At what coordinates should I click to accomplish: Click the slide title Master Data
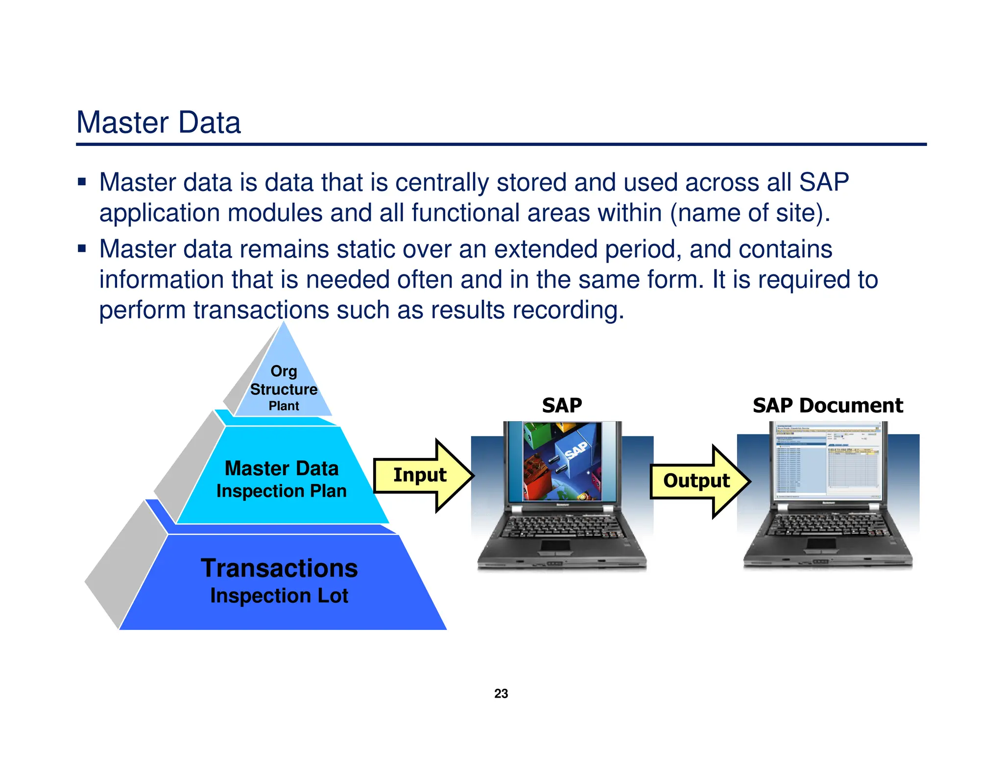pyautogui.click(x=159, y=122)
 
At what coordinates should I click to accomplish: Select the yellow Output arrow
pyautogui.click(x=697, y=481)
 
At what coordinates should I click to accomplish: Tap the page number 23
pyautogui.click(x=501, y=694)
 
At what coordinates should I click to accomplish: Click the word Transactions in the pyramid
pyautogui.click(x=279, y=568)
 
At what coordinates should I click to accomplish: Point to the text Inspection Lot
pyautogui.click(x=279, y=596)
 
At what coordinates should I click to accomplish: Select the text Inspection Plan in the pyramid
pyautogui.click(x=282, y=491)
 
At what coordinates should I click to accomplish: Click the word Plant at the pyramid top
pyautogui.click(x=284, y=406)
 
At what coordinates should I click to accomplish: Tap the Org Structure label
pyautogui.click(x=284, y=380)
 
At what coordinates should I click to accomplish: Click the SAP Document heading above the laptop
pyautogui.click(x=828, y=406)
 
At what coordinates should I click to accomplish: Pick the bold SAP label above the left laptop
pyautogui.click(x=562, y=406)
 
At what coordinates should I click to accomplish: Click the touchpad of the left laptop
pyautogui.click(x=555, y=545)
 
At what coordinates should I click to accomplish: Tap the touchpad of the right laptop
pyautogui.click(x=821, y=543)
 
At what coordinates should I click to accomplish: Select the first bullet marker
pyautogui.click(x=82, y=183)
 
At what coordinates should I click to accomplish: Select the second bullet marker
pyautogui.click(x=82, y=249)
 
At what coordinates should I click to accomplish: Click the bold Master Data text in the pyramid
pyautogui.click(x=282, y=468)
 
